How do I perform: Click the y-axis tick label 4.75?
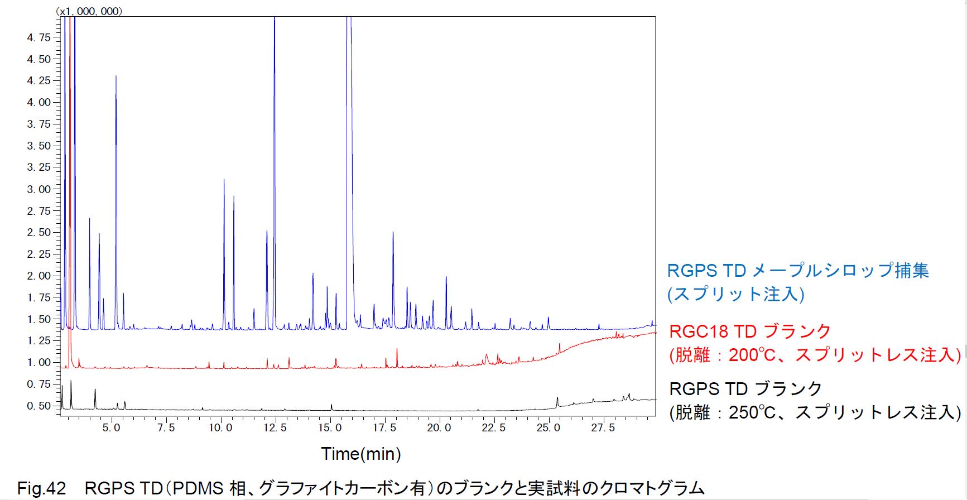39,37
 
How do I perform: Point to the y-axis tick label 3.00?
39,189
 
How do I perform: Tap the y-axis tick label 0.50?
39,406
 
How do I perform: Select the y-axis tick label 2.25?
39,254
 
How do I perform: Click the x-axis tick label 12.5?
275,427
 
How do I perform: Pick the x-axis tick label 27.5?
603,427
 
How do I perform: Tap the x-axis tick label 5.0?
112,427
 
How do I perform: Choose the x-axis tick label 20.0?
439,427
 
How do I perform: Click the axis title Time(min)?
361,454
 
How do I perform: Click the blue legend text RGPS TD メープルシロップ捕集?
798,271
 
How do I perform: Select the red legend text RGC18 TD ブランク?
750,331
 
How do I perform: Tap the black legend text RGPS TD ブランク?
745,388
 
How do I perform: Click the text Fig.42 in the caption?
41,488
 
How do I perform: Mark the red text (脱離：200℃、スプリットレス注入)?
815,355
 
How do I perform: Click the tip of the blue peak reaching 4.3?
116,75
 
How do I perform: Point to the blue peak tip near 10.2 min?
224,179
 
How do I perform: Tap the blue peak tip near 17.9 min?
393,232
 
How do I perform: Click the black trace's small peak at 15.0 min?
331,405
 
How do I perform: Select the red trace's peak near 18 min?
397,349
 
